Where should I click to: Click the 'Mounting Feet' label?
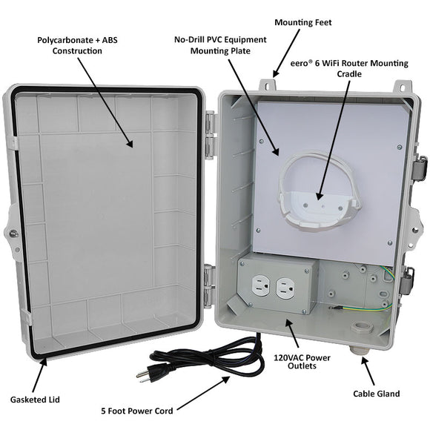(303, 22)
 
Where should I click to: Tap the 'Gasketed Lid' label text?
(35, 400)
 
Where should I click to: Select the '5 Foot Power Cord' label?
(137, 411)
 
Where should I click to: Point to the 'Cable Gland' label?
(377, 394)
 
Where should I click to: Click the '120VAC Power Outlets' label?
(302, 362)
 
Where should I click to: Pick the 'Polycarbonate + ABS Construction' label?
(77, 45)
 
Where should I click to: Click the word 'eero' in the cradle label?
(299, 64)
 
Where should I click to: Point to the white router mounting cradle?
(319, 191)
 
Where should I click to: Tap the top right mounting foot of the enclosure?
(403, 87)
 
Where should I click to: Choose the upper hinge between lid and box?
(211, 135)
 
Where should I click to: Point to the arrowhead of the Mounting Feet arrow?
(276, 73)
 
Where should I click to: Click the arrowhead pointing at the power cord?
(226, 380)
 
